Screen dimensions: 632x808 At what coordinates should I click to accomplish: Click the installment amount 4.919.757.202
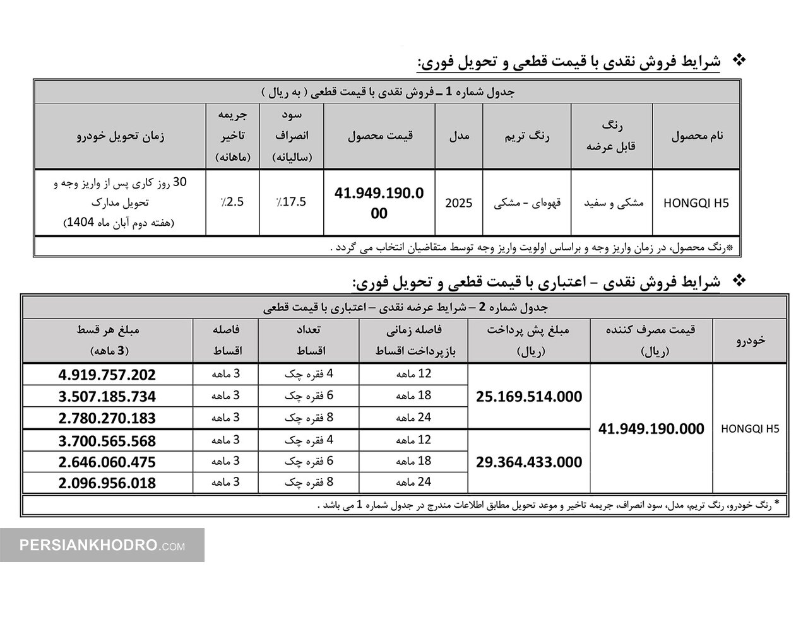[x=107, y=375]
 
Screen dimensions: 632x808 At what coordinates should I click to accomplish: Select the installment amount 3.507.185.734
[x=107, y=397]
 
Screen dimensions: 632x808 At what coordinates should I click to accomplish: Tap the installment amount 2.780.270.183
[x=107, y=419]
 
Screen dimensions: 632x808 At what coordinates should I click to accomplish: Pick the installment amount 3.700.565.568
[x=107, y=441]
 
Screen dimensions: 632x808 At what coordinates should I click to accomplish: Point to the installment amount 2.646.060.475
[x=107, y=462]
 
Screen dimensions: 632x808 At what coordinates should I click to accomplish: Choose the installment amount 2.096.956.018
[x=107, y=484]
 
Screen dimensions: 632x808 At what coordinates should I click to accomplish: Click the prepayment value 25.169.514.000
[x=529, y=397]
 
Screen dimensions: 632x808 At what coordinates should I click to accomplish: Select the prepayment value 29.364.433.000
[x=529, y=462]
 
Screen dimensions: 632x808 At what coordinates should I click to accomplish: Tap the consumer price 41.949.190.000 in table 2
[x=651, y=429]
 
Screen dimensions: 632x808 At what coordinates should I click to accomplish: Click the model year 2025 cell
[x=458, y=204]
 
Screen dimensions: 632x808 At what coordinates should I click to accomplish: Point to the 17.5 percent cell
[x=292, y=202]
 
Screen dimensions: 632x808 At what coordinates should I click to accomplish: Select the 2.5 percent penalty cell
[x=232, y=202]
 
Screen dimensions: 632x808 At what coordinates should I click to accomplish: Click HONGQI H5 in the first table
[x=696, y=204]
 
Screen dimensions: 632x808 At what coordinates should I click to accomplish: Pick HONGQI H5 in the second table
[x=750, y=429]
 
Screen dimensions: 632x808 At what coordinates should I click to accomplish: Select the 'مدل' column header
[x=459, y=136]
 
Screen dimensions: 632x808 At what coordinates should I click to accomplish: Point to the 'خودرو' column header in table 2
[x=751, y=339]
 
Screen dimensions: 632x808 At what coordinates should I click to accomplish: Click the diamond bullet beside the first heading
[x=738, y=61]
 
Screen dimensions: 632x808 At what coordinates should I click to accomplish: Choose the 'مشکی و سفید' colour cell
[x=612, y=204]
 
